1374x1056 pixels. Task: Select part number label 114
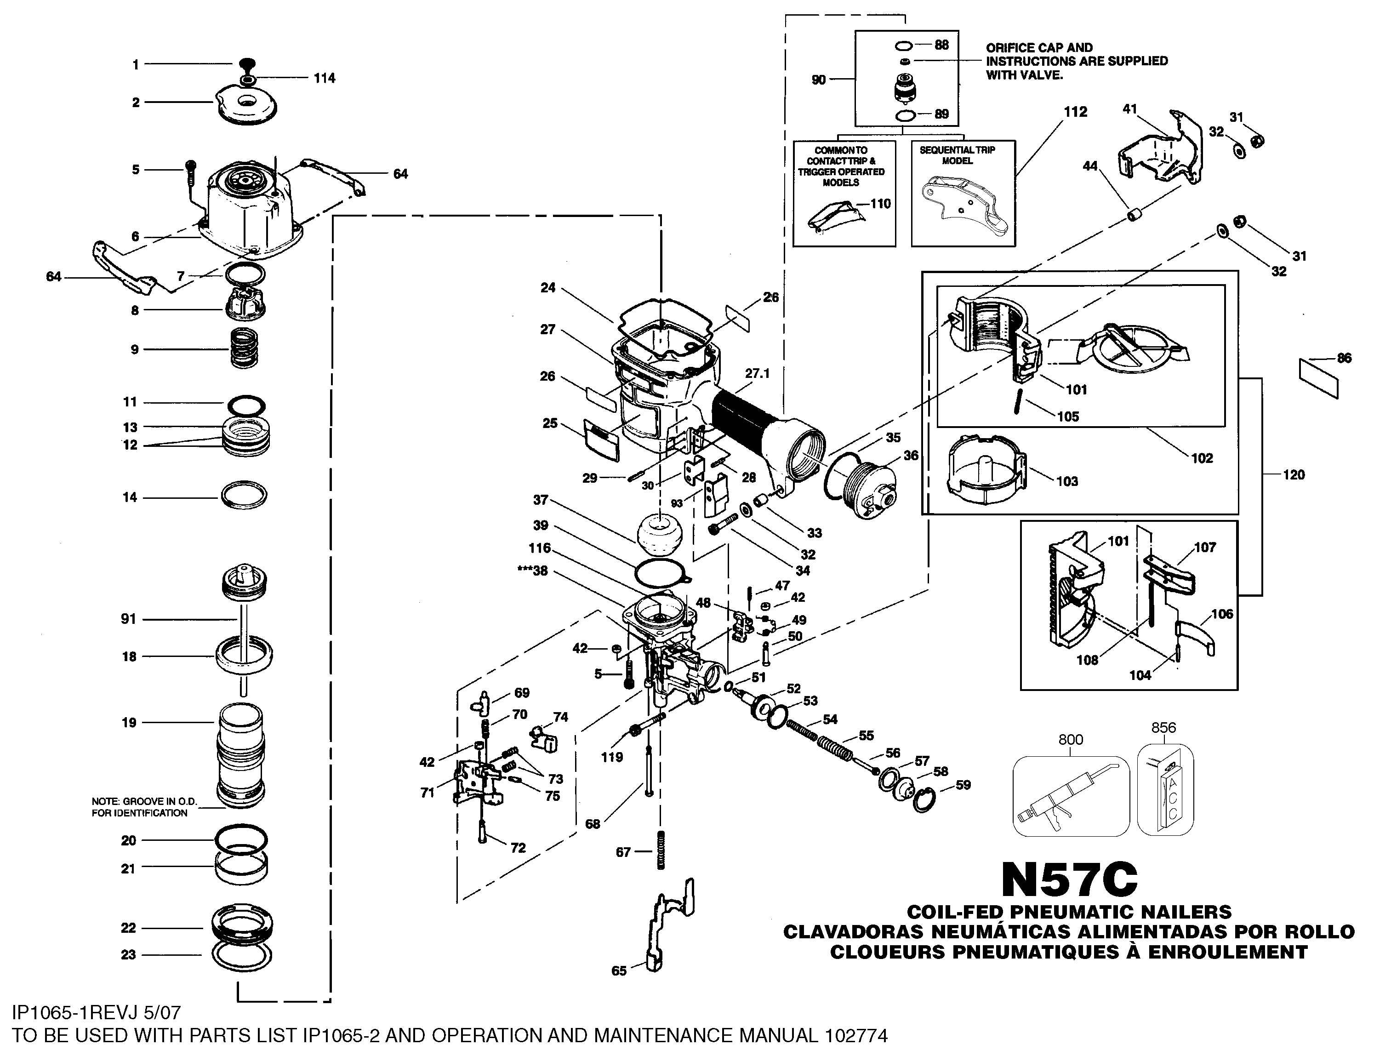pos(325,79)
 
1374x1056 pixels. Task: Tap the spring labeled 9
pos(244,349)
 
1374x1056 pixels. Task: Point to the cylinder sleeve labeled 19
pos(241,755)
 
